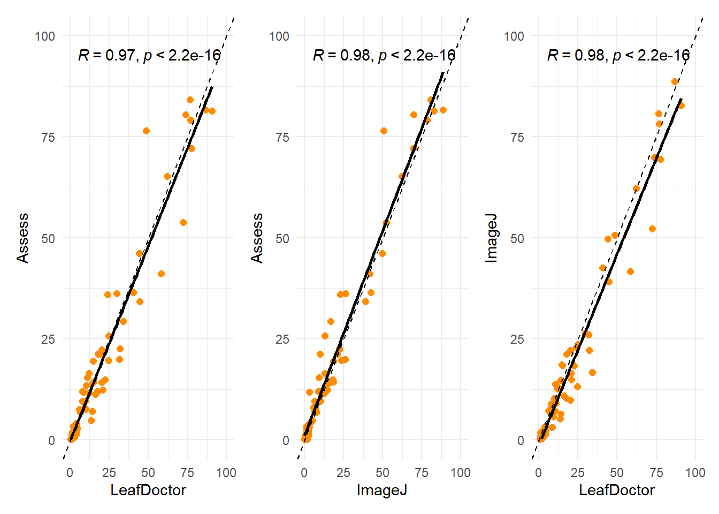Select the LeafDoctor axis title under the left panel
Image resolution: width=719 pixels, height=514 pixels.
[148, 490]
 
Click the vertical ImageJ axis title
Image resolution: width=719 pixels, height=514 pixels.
[491, 238]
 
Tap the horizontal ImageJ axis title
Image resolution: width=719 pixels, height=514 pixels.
[382, 490]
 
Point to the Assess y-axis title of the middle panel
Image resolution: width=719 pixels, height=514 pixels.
[257, 238]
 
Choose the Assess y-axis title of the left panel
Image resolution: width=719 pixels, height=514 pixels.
[23, 238]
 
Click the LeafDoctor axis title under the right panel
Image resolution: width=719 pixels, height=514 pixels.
[617, 490]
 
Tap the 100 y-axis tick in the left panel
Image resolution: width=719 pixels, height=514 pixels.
[45, 36]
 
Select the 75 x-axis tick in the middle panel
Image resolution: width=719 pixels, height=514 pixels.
[422, 473]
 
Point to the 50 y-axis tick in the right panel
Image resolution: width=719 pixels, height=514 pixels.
[517, 238]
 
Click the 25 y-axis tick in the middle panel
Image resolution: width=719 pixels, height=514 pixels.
[282, 339]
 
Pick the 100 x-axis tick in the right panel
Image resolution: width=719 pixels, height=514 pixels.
[695, 473]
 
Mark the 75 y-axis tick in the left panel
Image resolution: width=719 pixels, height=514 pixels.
[48, 138]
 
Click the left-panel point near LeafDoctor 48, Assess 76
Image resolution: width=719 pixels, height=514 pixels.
[146, 131]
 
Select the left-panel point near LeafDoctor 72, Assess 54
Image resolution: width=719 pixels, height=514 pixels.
[183, 222]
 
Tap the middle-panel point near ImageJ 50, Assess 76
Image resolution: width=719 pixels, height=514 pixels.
[384, 131]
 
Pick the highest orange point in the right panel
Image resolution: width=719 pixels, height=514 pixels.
[675, 82]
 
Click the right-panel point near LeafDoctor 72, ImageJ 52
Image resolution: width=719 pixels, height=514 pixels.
[652, 229]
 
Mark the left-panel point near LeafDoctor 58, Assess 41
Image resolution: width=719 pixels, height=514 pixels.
[161, 274]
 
